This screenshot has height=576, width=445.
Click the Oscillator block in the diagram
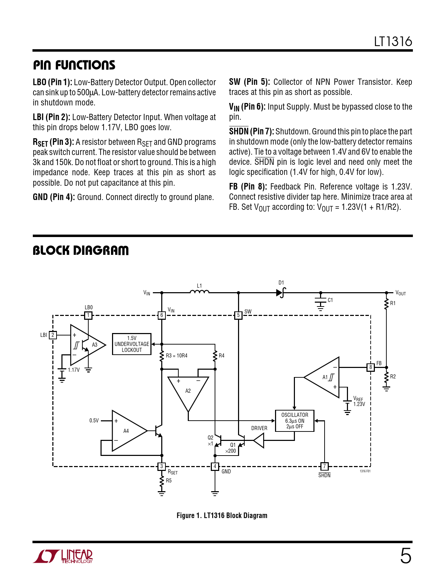(x=295, y=421)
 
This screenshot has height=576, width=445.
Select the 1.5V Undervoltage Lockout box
(x=132, y=344)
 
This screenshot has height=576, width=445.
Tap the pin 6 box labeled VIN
(x=162, y=315)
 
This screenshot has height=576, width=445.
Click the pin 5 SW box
(x=238, y=315)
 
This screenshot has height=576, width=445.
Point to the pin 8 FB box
(x=371, y=367)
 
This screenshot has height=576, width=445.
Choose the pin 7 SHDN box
(x=324, y=466)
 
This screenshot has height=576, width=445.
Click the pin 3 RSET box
(x=162, y=466)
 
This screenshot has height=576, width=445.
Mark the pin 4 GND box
(x=215, y=466)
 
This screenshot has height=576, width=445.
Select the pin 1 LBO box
(x=88, y=315)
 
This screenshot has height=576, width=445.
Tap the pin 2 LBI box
(x=53, y=335)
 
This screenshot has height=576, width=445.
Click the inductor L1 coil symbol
(x=199, y=292)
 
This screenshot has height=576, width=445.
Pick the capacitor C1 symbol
(x=320, y=301)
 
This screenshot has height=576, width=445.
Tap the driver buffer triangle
(x=259, y=441)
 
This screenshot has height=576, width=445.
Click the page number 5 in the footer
(x=406, y=556)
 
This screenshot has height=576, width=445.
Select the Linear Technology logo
(x=63, y=556)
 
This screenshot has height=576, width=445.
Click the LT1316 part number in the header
(x=393, y=42)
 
